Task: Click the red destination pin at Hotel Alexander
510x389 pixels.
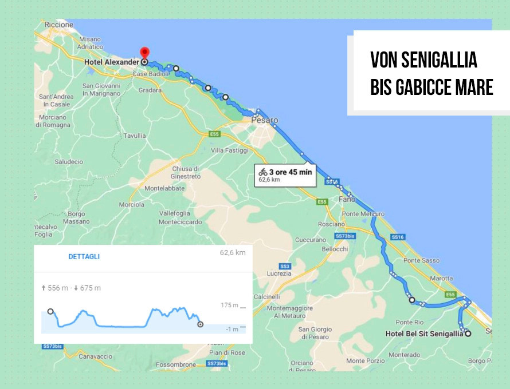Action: [x=144, y=53]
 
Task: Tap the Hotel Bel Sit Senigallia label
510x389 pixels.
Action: [x=424, y=334]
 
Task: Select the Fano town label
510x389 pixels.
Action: [x=347, y=200]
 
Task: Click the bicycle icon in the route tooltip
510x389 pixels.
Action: [x=263, y=172]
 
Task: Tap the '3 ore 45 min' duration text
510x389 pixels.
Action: [x=291, y=172]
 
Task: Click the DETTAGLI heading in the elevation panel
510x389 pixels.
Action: [x=84, y=257]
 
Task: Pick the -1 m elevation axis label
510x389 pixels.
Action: [x=232, y=329]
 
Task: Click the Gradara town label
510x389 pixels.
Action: [x=150, y=90]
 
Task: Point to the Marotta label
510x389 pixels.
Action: [x=441, y=279]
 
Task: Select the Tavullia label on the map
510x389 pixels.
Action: [x=135, y=136]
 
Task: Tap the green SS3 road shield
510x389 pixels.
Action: [x=285, y=266]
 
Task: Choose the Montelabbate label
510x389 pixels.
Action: [x=165, y=188]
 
